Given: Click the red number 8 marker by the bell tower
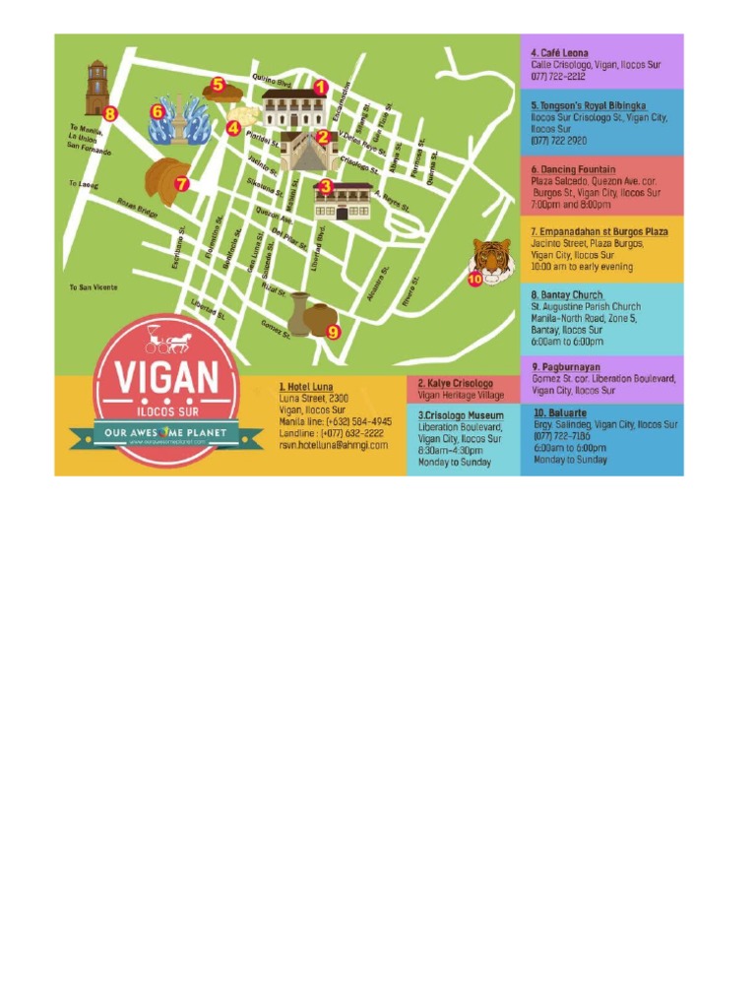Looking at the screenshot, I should click(x=110, y=114).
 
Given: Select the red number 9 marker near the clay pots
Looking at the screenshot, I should click(x=333, y=332).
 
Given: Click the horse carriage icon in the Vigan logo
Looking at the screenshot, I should click(x=169, y=342).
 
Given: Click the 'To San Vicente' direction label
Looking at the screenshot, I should click(x=94, y=287).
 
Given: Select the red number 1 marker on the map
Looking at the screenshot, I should click(x=320, y=87).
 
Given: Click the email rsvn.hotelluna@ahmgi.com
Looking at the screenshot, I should click(x=333, y=445).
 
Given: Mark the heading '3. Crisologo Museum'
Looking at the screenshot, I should click(x=461, y=415).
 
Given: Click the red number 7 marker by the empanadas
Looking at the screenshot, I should click(x=181, y=183).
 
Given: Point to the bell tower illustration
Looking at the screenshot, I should click(x=96, y=91).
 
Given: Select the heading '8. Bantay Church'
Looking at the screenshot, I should click(x=567, y=295).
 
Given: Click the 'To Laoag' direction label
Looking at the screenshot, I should click(x=84, y=184).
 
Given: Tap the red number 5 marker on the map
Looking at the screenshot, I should click(x=218, y=85).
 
